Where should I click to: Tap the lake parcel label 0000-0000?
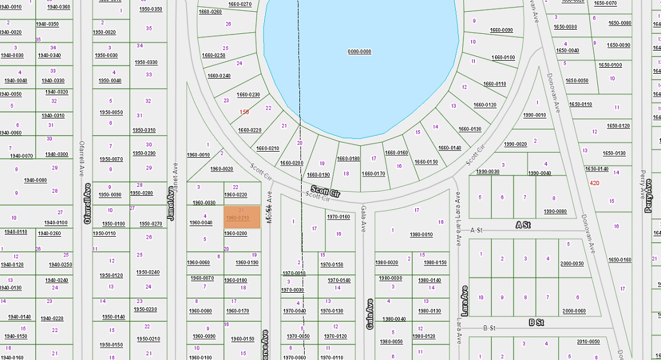pyautogui.click(x=359, y=52)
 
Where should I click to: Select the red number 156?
pyautogui.click(x=245, y=112)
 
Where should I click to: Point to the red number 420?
pyautogui.click(x=594, y=183)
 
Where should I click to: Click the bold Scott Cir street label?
pyautogui.click(x=325, y=192)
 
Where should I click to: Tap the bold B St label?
pyautogui.click(x=536, y=323)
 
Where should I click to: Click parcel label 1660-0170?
pyautogui.click(x=373, y=174)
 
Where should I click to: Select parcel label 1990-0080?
pyautogui.click(x=555, y=211)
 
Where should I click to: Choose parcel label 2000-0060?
pyautogui.click(x=574, y=311)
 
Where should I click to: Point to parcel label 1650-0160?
pyautogui.click(x=619, y=259)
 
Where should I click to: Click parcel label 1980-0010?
pyautogui.click(x=421, y=234)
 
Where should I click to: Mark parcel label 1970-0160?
pyautogui.click(x=339, y=217)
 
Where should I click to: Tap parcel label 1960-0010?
pyautogui.click(x=198, y=155)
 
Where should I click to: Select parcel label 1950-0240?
pyautogui.click(x=148, y=273)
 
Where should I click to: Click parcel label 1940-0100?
pyautogui.click(x=55, y=223)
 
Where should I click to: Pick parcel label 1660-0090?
pyautogui.click(x=502, y=30)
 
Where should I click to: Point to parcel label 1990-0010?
pyautogui.click(x=534, y=115)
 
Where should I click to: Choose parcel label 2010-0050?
pyautogui.click(x=588, y=342)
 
